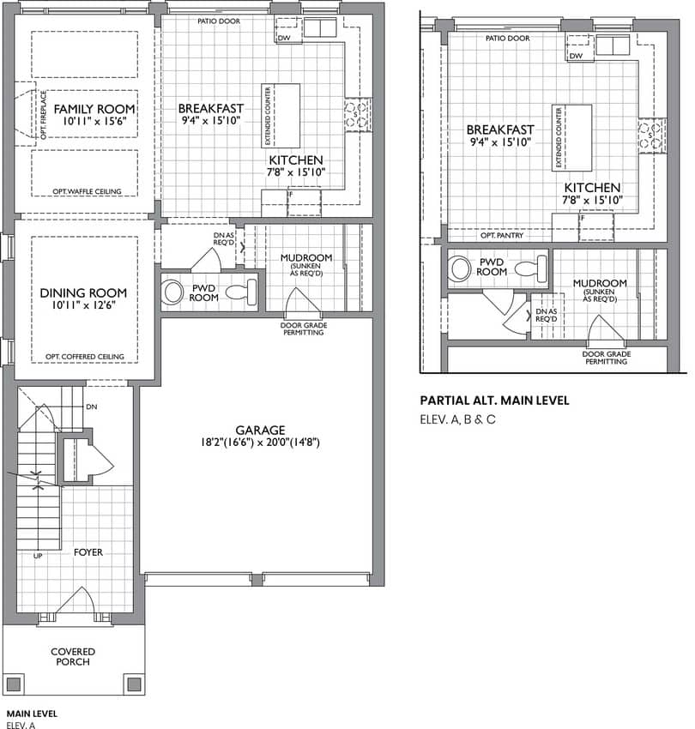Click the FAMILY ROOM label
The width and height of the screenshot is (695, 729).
click(x=94, y=109)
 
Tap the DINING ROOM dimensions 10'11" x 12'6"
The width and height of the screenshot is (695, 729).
click(x=84, y=305)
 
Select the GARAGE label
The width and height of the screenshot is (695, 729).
click(x=260, y=430)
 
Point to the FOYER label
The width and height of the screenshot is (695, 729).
click(x=88, y=551)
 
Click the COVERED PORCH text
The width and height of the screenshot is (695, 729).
click(x=73, y=656)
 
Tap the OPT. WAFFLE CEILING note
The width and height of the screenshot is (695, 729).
click(x=87, y=191)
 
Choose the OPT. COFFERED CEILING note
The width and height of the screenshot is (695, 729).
click(x=85, y=357)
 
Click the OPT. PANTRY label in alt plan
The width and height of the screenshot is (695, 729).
click(x=502, y=236)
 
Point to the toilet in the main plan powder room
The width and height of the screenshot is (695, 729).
click(x=241, y=292)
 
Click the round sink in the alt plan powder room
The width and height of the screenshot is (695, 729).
click(x=461, y=268)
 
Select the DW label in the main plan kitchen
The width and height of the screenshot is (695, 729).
click(x=284, y=38)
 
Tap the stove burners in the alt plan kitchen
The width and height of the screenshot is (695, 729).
click(x=652, y=136)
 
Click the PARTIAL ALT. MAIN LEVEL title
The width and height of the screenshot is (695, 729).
click(x=494, y=401)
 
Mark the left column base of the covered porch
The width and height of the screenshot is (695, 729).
click(x=14, y=684)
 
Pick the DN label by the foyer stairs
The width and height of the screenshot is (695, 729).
click(x=92, y=407)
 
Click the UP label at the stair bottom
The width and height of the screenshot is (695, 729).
click(x=38, y=556)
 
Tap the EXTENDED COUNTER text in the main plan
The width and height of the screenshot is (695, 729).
click(x=268, y=116)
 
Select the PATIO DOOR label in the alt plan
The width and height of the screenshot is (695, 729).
click(x=508, y=38)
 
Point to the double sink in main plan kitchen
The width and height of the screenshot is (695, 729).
click(x=320, y=27)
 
